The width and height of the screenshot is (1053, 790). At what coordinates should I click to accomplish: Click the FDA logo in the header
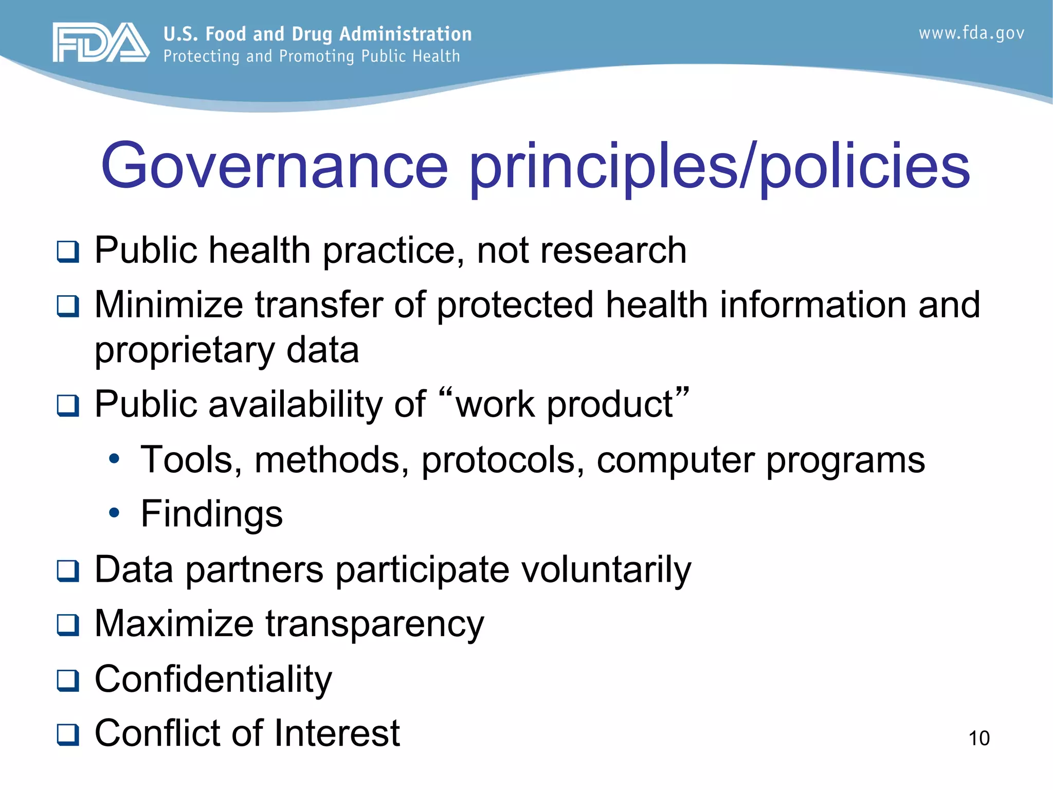(x=101, y=42)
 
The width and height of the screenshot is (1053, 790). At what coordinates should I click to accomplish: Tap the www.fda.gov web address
(x=971, y=33)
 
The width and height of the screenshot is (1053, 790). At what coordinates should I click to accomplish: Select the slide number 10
(x=978, y=738)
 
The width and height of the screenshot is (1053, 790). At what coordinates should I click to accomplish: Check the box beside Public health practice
(x=68, y=252)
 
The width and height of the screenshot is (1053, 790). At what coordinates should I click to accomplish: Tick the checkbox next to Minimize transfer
(x=68, y=307)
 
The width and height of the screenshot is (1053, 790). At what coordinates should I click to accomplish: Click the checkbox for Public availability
(x=68, y=406)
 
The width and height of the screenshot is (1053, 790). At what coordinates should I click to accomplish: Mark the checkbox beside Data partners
(x=68, y=571)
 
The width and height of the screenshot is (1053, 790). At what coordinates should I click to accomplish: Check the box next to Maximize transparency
(x=68, y=625)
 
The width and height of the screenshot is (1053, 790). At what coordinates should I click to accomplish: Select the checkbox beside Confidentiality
(x=68, y=680)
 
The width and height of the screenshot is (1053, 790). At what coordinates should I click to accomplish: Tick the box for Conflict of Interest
(x=68, y=734)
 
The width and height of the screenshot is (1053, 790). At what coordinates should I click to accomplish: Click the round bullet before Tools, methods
(x=114, y=458)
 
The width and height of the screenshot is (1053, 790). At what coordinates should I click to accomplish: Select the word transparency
(x=375, y=624)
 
